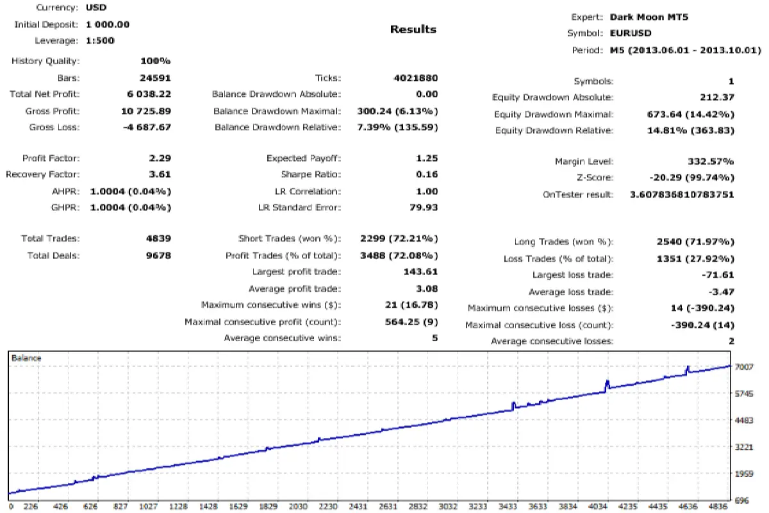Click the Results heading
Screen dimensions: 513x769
[x=413, y=29]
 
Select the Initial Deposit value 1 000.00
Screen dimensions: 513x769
[x=108, y=24]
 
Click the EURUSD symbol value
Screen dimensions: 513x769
[x=631, y=33]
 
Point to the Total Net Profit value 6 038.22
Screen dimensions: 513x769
[x=149, y=94]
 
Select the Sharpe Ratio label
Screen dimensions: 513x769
[x=311, y=174]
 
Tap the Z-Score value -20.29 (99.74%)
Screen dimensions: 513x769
[x=691, y=178]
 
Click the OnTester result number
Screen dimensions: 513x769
[x=682, y=194]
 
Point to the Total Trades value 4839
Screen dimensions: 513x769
[x=158, y=239]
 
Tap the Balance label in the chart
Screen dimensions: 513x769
[x=26, y=358]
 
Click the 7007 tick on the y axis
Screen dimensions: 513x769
[x=745, y=367]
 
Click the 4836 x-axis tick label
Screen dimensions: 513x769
[x=720, y=505]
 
